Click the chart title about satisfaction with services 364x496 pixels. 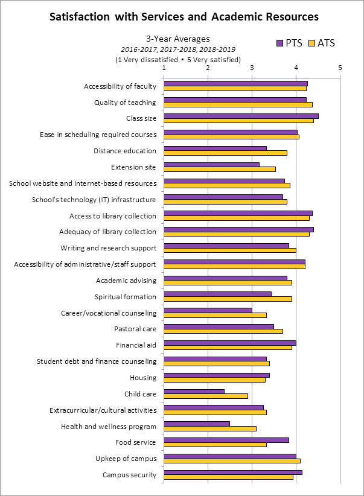point(182,16)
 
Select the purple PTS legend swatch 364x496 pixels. point(279,43)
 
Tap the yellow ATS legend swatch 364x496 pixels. point(312,43)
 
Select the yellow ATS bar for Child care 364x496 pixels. point(206,396)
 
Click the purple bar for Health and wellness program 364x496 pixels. point(197,424)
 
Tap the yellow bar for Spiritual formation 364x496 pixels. point(228,299)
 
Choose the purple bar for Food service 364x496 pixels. point(226,440)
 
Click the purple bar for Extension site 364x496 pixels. point(211,164)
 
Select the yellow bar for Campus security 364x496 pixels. point(228,477)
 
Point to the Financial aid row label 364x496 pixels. point(136,345)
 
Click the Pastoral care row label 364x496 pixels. point(135,329)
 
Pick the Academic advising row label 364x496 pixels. point(126,281)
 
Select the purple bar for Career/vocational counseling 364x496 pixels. point(208,310)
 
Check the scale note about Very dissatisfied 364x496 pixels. point(177,59)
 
